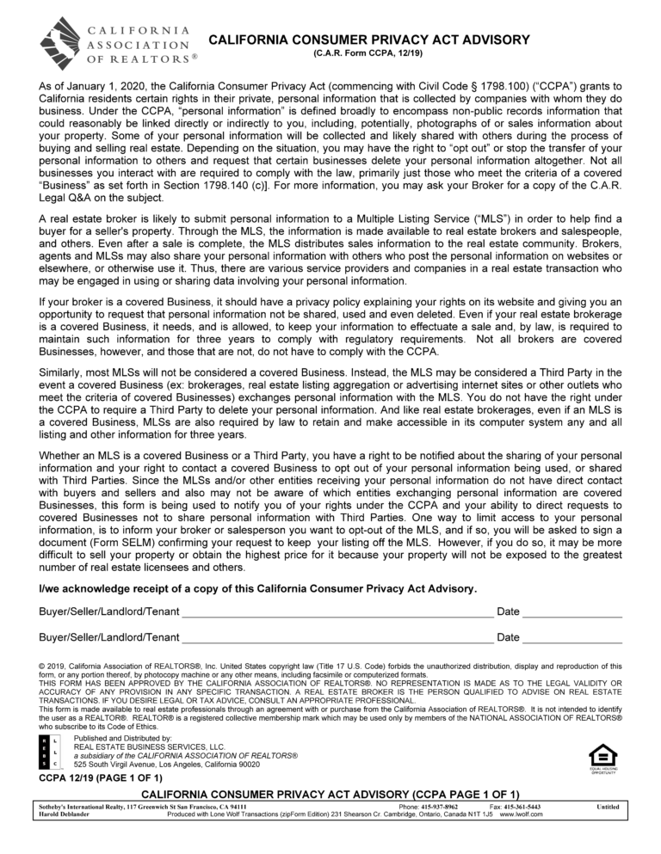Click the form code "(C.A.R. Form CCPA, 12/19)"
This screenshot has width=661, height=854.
pyautogui.click(x=369, y=54)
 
